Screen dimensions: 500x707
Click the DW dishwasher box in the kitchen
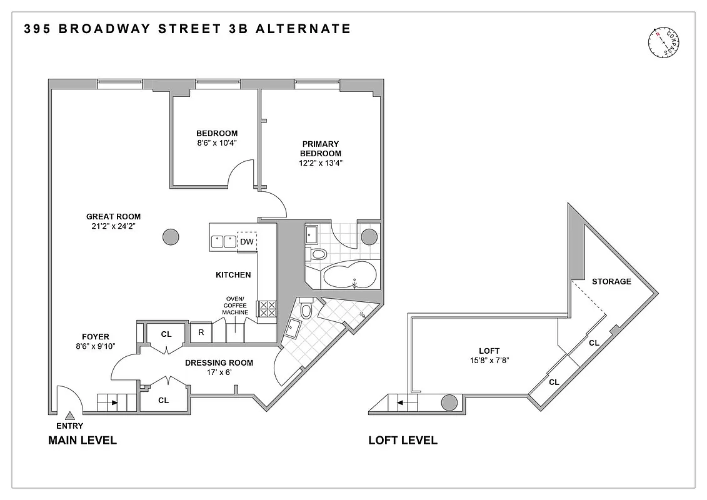coord(247,241)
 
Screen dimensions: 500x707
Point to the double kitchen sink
coord(223,241)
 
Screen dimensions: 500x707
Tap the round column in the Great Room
coord(170,237)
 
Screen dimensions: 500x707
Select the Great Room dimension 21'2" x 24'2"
coord(113,226)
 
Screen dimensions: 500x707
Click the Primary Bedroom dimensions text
coord(320,163)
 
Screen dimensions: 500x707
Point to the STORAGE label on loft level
coord(611,281)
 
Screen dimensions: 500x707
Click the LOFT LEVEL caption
coord(403,441)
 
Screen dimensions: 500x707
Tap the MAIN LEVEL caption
coord(82,441)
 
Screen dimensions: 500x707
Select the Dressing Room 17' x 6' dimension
coord(219,372)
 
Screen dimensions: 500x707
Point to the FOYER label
coord(95,337)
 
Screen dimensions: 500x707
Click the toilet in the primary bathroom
coord(318,254)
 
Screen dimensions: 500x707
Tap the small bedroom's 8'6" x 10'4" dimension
coord(216,142)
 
